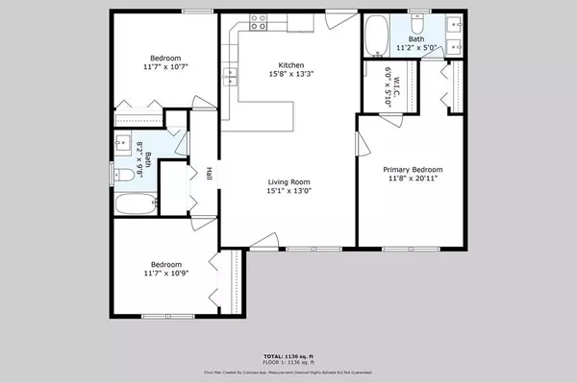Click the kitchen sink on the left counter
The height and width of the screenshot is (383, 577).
(x=231, y=73)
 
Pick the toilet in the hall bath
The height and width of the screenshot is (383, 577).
(x=123, y=176)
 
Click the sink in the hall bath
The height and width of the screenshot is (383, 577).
(x=124, y=145)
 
